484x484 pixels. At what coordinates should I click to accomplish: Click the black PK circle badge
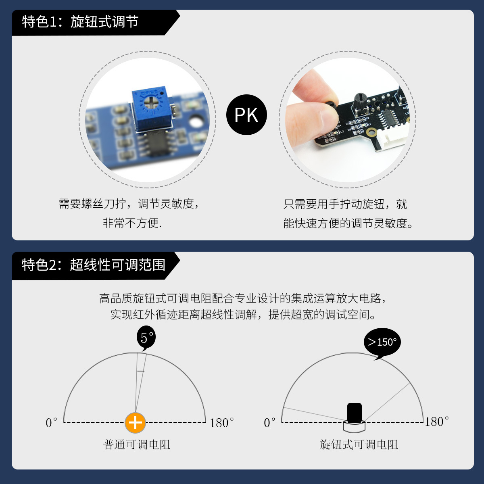[x=246, y=115]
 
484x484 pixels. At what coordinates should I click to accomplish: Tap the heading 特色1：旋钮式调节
[x=80, y=22]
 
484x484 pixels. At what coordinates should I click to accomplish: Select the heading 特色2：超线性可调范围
[x=94, y=265]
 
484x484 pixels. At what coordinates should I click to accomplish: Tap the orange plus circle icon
[x=136, y=423]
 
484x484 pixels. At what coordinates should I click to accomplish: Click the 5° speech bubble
[x=146, y=338]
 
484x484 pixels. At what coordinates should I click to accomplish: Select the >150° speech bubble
[x=382, y=342]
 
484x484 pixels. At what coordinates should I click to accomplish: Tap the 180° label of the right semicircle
[x=437, y=421]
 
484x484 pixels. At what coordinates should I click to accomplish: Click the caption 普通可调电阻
[x=137, y=444]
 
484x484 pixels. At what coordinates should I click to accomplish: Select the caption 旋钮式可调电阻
[x=359, y=444]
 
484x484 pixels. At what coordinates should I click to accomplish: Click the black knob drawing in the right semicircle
[x=354, y=417]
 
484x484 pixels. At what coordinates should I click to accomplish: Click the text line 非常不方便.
[x=132, y=223]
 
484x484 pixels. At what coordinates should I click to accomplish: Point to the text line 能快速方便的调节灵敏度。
[x=348, y=223]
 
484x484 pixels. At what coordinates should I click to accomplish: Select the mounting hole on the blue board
[x=196, y=122]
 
